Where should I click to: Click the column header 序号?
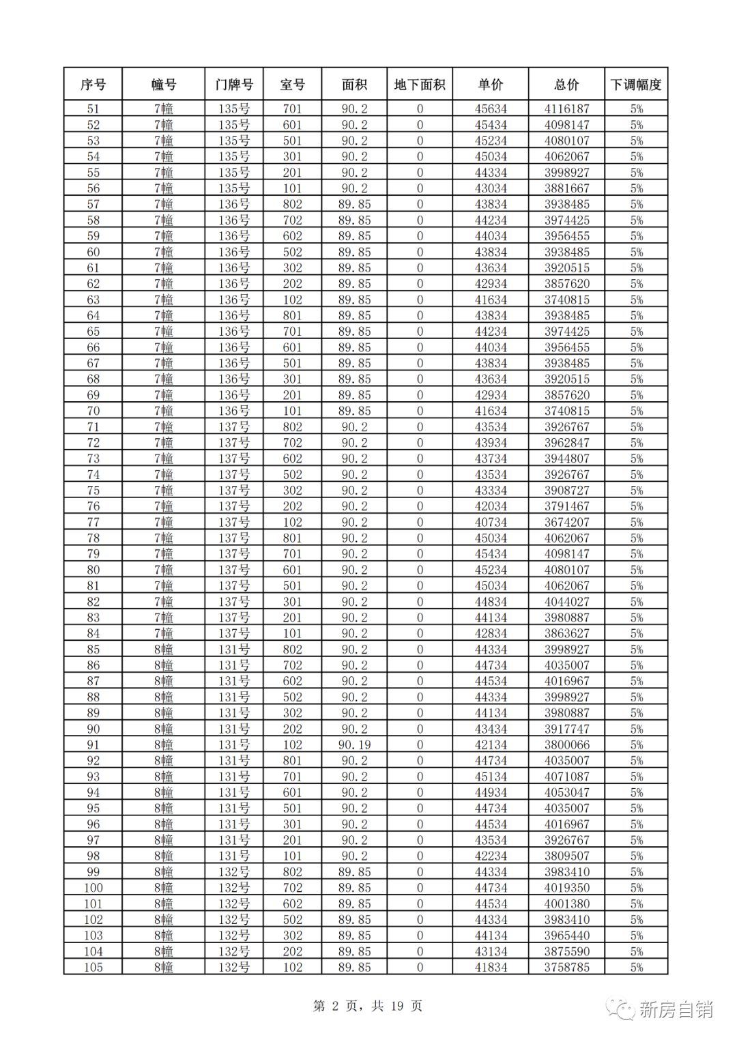click(x=93, y=85)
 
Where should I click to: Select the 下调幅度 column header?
click(x=636, y=85)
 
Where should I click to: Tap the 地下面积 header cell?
click(x=420, y=85)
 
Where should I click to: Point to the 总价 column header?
click(x=566, y=85)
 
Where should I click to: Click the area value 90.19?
click(x=354, y=744)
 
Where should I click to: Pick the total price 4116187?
click(x=566, y=108)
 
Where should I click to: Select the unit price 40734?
click(x=491, y=522)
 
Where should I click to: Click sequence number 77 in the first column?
click(x=93, y=522)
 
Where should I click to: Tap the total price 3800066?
click(x=566, y=744)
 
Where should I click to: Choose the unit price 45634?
click(x=491, y=108)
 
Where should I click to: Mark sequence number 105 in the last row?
click(x=93, y=967)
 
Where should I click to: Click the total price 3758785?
click(x=566, y=967)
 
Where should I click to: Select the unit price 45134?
click(x=491, y=777)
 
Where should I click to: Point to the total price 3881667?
click(x=566, y=188)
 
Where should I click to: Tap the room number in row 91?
click(x=292, y=744)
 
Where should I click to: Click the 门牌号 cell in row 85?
click(x=234, y=650)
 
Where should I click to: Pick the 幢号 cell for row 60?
click(x=163, y=252)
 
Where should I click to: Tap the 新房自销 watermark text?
click(x=676, y=1009)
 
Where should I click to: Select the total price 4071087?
click(x=566, y=777)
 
